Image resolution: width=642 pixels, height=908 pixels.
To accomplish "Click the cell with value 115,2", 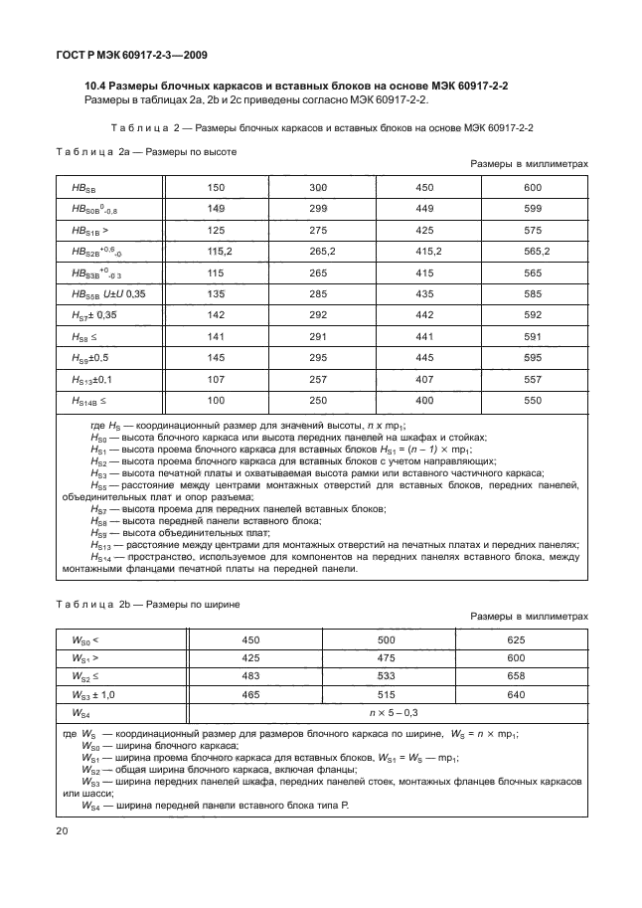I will (x=217, y=252).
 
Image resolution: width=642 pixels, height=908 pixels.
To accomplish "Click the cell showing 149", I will (x=217, y=208).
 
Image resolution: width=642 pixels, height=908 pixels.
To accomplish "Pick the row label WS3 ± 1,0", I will (x=94, y=694).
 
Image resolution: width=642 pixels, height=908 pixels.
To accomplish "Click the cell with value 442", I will (x=424, y=315).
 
